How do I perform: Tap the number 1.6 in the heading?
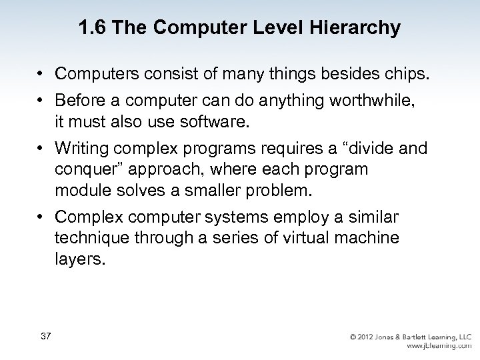[91, 29]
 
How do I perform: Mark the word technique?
[89, 237]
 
